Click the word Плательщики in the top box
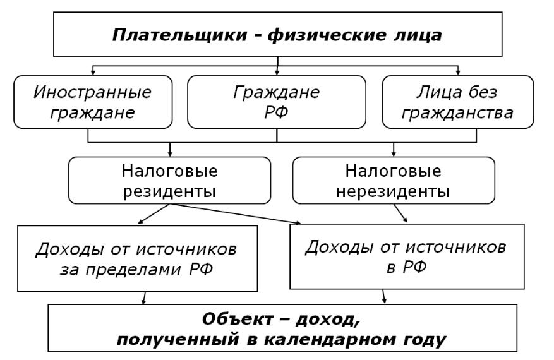(179, 35)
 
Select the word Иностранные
(93, 93)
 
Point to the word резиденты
(169, 192)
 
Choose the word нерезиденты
(393, 192)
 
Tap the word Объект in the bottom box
(238, 320)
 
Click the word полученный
(178, 340)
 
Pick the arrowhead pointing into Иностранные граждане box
(93, 73)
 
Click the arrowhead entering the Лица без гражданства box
(458, 73)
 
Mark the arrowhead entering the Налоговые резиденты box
(170, 154)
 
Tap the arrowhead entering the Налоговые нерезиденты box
(394, 154)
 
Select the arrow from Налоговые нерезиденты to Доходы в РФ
(400, 213)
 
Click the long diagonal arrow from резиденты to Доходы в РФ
(236, 213)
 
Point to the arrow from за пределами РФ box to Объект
(144, 298)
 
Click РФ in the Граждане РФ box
(276, 113)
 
